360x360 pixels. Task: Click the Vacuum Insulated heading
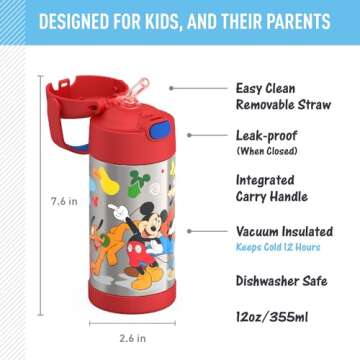(283, 230)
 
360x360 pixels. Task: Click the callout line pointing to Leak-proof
(204, 133)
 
